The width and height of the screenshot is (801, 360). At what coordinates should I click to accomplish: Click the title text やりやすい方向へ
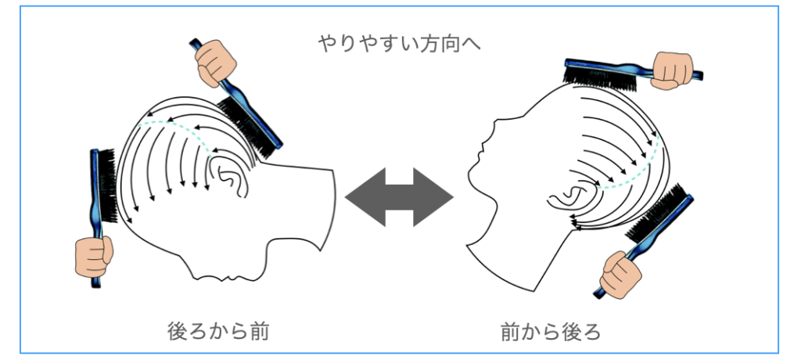pos(399,43)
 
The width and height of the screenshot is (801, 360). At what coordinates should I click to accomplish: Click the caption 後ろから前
pos(218,331)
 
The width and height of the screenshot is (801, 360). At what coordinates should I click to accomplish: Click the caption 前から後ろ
pos(551,332)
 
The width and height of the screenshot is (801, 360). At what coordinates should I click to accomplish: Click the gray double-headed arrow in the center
pos(399,197)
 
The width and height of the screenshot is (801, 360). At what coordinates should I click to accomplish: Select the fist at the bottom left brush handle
pos(94,256)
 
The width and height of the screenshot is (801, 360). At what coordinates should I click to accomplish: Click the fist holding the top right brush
pos(673,70)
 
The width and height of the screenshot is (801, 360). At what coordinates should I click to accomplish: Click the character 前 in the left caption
pos(260,331)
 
